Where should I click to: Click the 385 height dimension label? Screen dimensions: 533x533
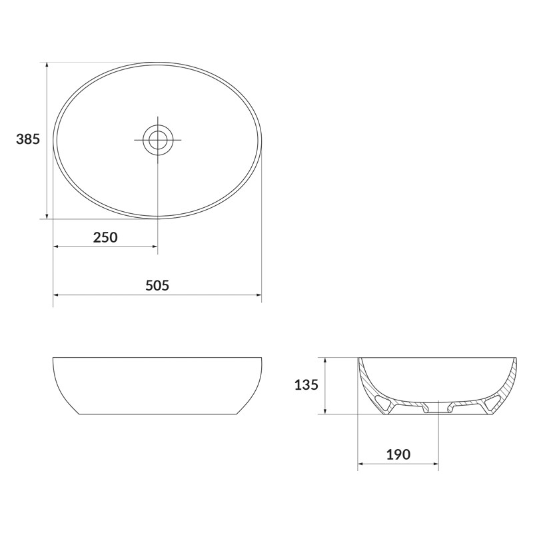coord(28,139)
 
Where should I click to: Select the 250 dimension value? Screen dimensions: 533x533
coord(105,237)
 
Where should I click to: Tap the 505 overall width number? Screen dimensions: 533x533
coord(157,285)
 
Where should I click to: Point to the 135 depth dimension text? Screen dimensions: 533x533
coord(306,384)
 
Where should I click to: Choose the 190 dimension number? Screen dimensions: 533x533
coord(398,455)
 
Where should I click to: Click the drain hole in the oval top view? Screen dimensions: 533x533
coord(158,140)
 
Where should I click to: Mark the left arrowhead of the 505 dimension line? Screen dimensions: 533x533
coord(56,294)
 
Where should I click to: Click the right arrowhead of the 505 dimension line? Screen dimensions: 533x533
coord(259,294)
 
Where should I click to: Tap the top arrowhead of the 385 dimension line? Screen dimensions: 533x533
coord(47,65)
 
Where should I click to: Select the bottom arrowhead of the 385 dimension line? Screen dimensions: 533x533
coord(47,215)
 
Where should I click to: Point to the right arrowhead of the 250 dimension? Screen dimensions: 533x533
coord(155,247)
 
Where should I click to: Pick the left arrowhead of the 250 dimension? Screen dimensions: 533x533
coord(56,247)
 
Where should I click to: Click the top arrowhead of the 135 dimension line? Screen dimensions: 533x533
coord(324,360)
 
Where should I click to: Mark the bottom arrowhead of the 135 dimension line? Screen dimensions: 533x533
coord(324,412)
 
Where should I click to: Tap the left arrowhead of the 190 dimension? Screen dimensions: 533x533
coord(361,464)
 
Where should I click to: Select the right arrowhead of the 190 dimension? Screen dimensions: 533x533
coord(435,464)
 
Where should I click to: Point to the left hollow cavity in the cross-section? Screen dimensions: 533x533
coord(384,401)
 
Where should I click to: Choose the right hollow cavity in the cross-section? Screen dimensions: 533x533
coord(494,401)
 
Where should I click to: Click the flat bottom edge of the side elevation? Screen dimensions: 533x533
coord(157,414)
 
